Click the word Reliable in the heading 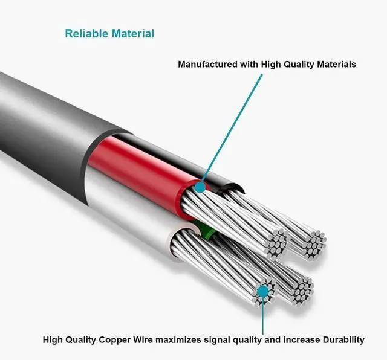[x=86, y=34]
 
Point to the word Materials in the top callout [x=334, y=64]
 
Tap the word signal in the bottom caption [x=233, y=339]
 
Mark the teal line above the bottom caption [x=262, y=314]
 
